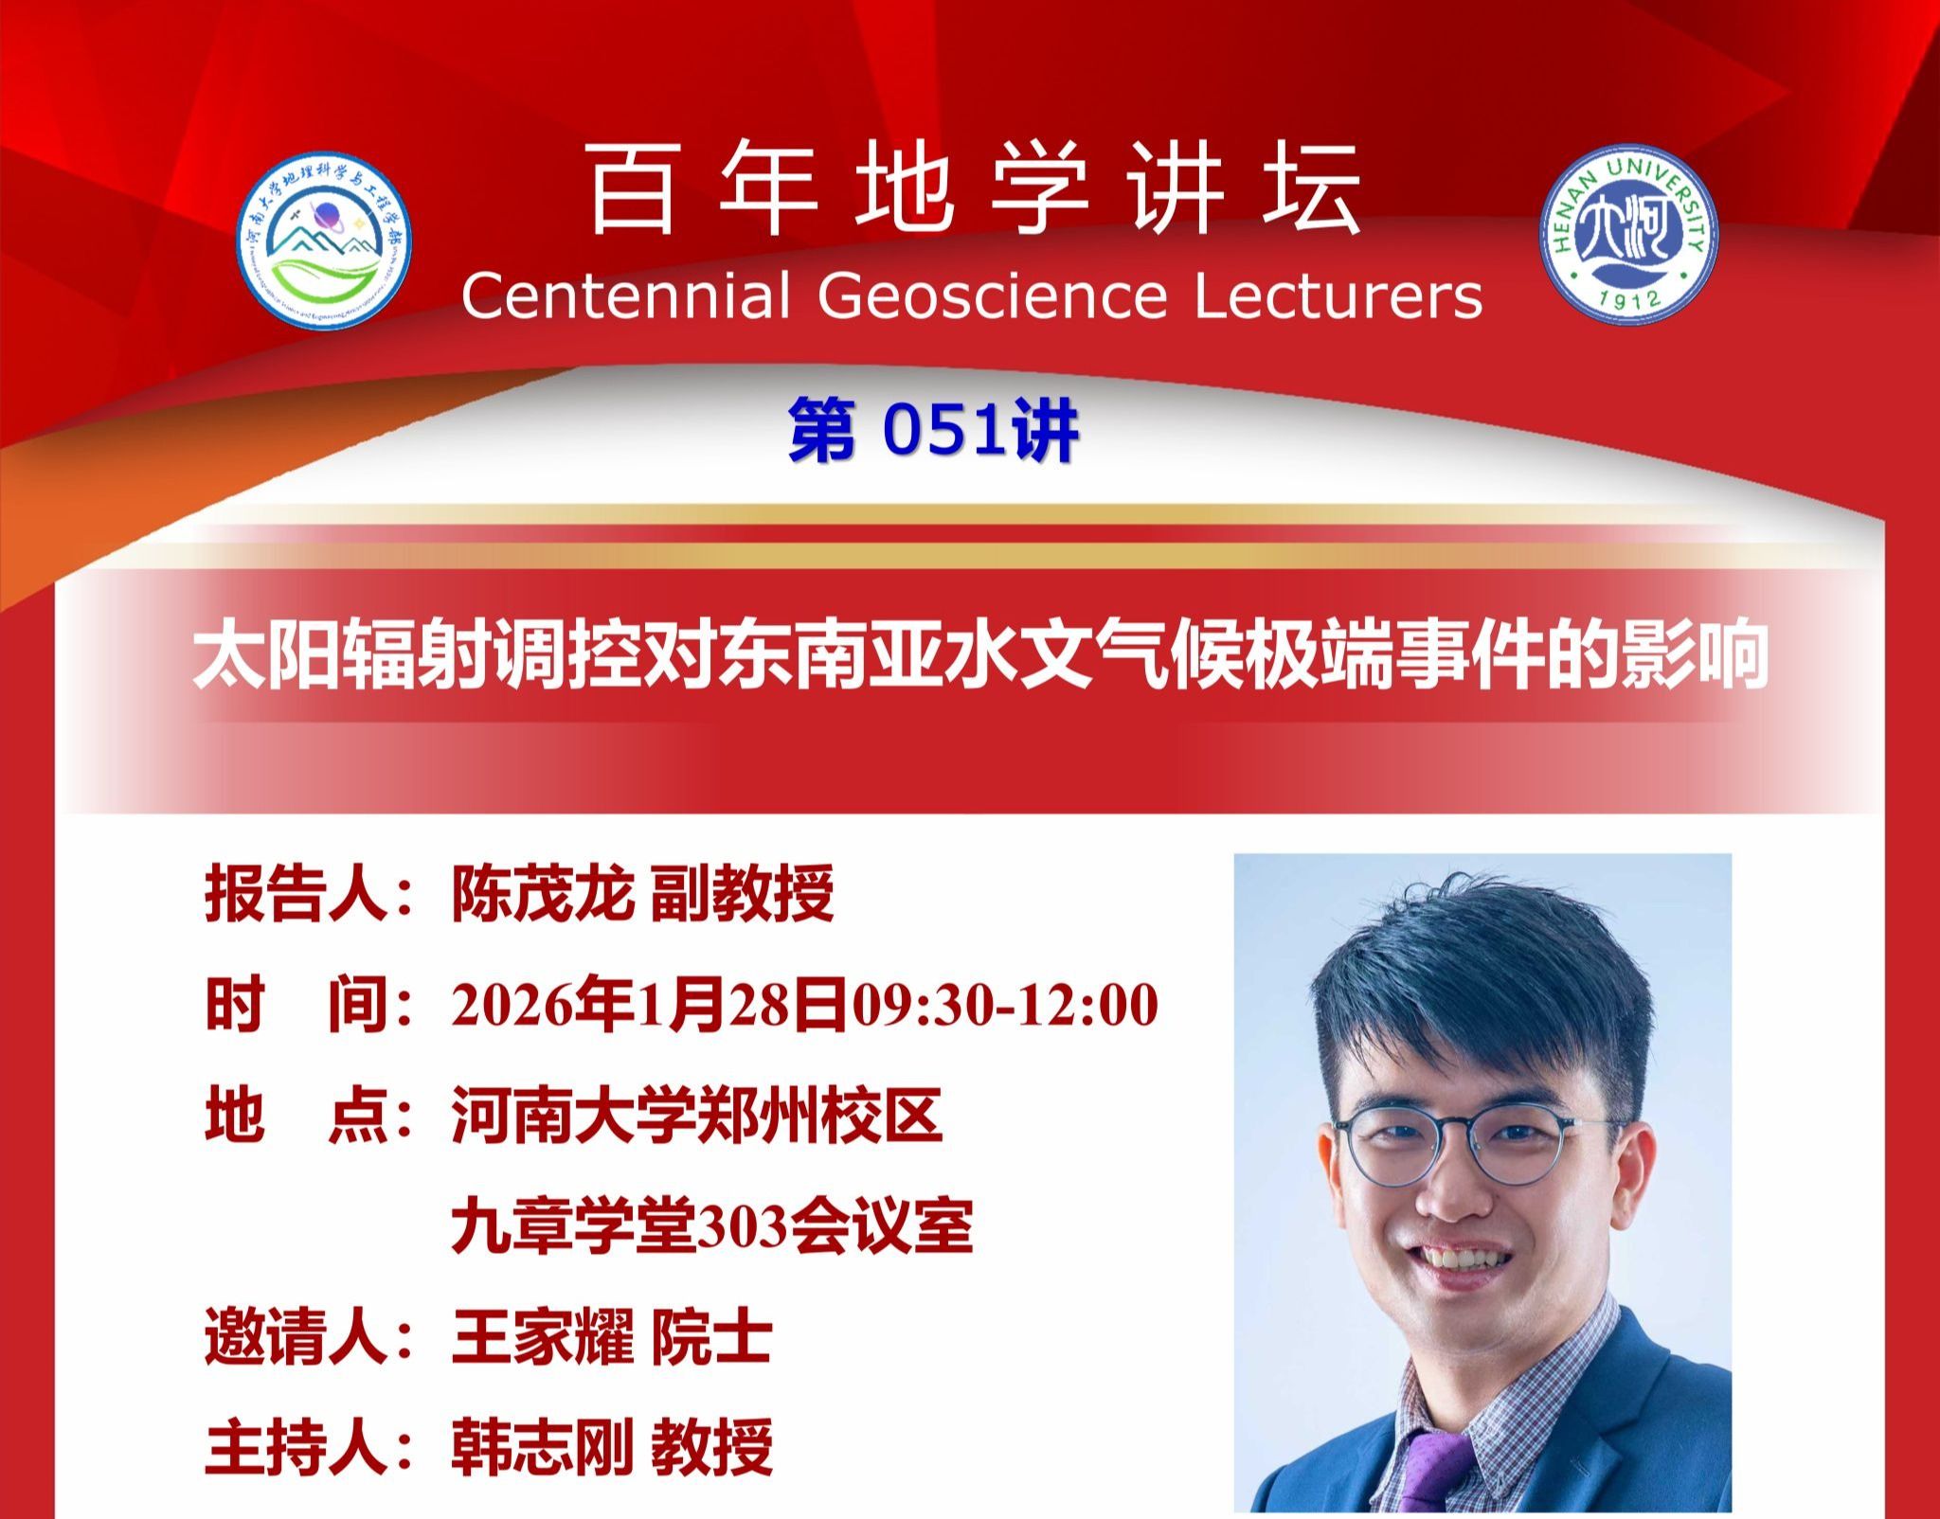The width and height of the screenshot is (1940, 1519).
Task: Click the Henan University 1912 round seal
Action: [x=1628, y=234]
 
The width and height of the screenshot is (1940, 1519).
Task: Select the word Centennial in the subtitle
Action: [x=625, y=295]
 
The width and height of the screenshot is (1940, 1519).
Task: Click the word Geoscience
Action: [x=992, y=295]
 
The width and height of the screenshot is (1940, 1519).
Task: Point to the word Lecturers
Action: [x=1338, y=295]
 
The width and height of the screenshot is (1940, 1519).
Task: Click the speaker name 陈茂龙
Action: [x=543, y=893]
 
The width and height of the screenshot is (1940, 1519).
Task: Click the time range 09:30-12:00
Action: [x=1005, y=1005]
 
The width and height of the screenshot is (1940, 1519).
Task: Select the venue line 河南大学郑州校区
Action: [x=697, y=1116]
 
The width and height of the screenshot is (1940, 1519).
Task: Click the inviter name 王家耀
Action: [x=543, y=1338]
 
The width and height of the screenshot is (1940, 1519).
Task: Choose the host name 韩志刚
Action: [x=543, y=1446]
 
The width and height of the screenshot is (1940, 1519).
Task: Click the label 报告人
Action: [x=296, y=893]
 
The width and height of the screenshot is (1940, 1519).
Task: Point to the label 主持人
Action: [x=296, y=1446]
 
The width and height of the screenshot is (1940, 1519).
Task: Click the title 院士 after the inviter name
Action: [x=710, y=1338]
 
